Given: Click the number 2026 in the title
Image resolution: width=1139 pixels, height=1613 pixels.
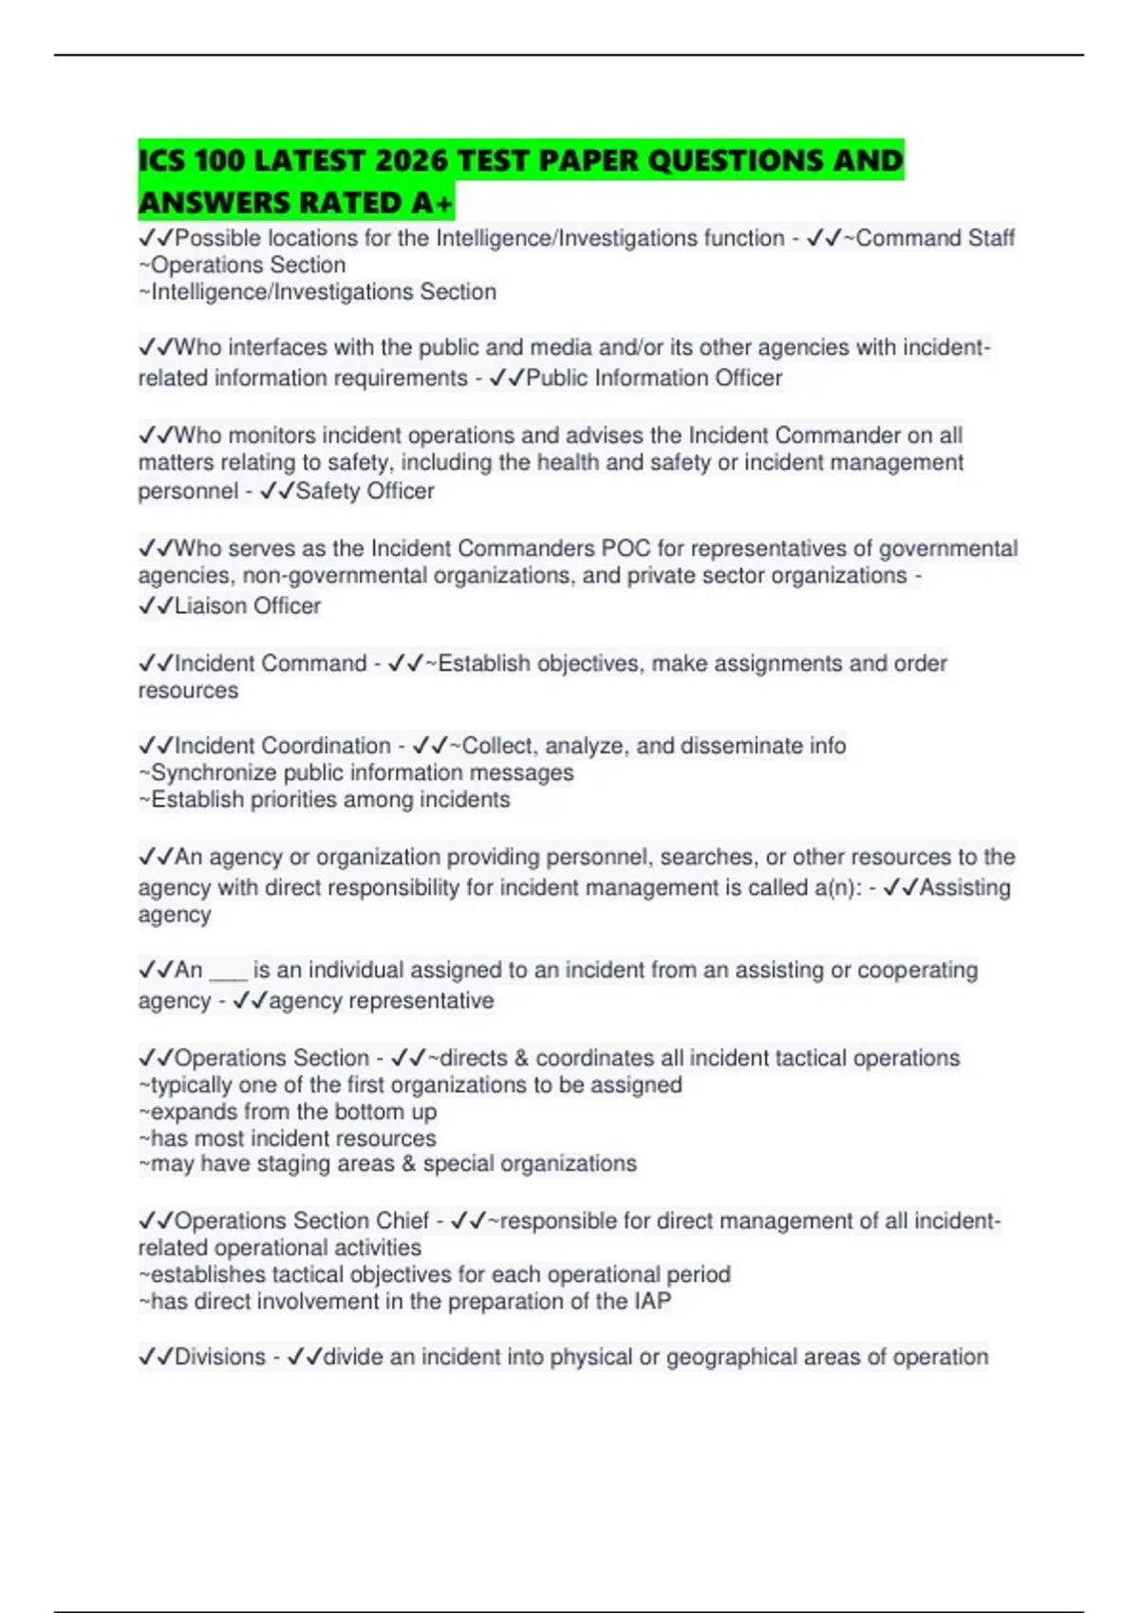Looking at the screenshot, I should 411,160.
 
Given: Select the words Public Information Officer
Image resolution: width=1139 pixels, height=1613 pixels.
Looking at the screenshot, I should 654,378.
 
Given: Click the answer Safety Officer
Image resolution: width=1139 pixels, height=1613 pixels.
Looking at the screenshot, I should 364,491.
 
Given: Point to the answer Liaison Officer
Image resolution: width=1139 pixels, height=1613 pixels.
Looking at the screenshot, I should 248,605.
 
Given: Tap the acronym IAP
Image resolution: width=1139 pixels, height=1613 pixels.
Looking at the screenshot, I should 652,1301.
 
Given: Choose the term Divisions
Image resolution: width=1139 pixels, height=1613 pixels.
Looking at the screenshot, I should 220,1357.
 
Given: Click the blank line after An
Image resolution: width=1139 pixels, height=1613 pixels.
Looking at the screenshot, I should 228,971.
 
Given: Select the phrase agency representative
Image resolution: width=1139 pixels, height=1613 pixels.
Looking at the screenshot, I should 382,1001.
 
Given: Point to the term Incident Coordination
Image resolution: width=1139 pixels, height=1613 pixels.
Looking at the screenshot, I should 283,746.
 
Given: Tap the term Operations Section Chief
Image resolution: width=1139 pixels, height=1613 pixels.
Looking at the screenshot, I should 302,1220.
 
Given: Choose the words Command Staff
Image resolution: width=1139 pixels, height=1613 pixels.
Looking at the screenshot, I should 935,238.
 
